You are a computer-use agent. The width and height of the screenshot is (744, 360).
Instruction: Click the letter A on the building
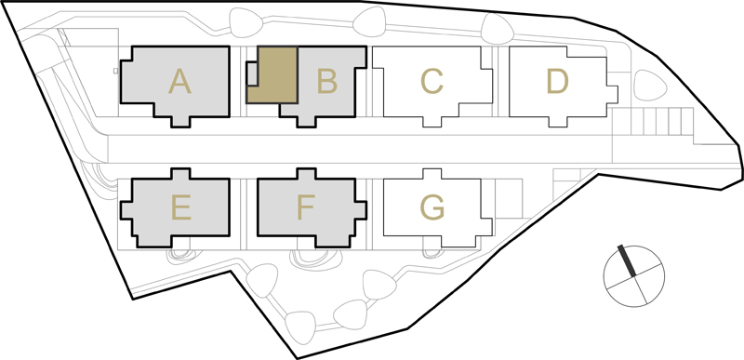(x=179, y=81)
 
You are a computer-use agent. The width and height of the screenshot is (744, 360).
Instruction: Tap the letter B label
(x=327, y=81)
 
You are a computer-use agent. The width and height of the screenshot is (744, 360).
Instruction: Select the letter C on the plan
(x=432, y=81)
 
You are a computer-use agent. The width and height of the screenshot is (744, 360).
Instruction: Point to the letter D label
(x=557, y=81)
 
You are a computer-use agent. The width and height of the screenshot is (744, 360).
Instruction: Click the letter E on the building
(x=181, y=207)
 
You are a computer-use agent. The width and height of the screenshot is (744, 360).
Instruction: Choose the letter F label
(x=306, y=207)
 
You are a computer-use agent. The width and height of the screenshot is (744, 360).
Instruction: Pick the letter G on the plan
(x=432, y=207)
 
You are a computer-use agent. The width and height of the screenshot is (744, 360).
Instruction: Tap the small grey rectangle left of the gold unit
(x=252, y=74)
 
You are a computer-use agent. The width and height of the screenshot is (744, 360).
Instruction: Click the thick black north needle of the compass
(x=627, y=260)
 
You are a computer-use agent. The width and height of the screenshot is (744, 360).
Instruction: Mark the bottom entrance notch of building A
(x=180, y=122)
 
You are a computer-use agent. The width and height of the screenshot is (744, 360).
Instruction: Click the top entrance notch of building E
(x=180, y=173)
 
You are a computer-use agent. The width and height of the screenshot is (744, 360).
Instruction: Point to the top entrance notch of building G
(x=432, y=174)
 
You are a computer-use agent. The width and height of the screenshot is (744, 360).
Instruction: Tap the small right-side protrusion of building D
(x=613, y=94)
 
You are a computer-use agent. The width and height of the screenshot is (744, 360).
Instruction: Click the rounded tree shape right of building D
(x=650, y=86)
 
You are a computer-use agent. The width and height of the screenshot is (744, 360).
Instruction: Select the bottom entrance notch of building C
(x=432, y=122)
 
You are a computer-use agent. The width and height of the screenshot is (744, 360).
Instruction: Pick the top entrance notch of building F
(x=306, y=173)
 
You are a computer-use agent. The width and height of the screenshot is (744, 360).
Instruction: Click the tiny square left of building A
(x=115, y=71)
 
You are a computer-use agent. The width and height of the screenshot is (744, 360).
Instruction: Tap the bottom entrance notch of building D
(x=558, y=122)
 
